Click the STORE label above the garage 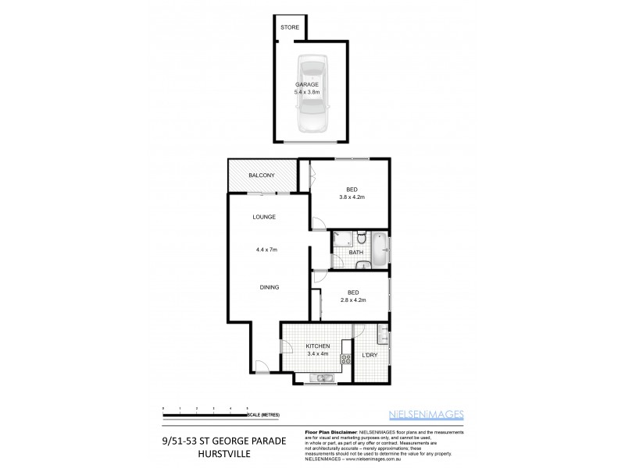[290, 27]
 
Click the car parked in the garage [310, 94]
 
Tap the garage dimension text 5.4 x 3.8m [308, 92]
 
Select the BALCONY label [261, 175]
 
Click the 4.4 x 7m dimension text [266, 250]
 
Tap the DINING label [270, 287]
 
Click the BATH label [355, 253]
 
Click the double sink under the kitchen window [320, 378]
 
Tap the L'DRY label [369, 356]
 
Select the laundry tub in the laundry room [382, 335]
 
